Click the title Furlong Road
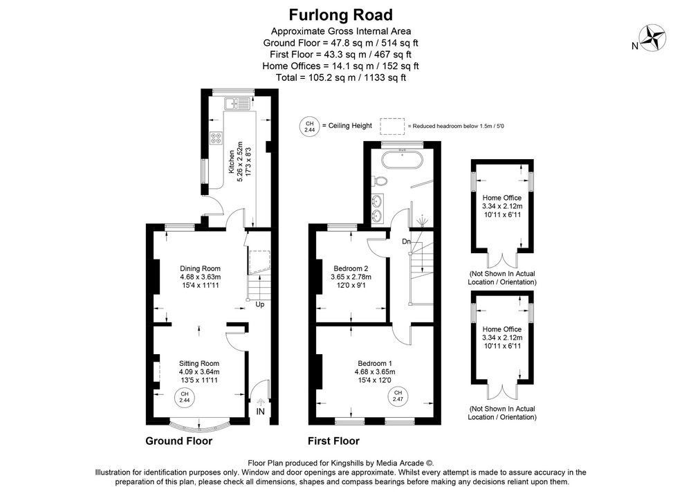tap(340, 15)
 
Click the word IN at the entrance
tap(261, 412)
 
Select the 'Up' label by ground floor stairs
tap(260, 304)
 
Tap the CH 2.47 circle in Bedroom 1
tap(398, 396)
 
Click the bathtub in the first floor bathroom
tap(400, 160)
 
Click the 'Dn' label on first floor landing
tap(407, 241)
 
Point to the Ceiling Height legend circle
tap(309, 126)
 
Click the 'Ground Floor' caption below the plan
tap(178, 441)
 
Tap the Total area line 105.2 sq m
tap(340, 77)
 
